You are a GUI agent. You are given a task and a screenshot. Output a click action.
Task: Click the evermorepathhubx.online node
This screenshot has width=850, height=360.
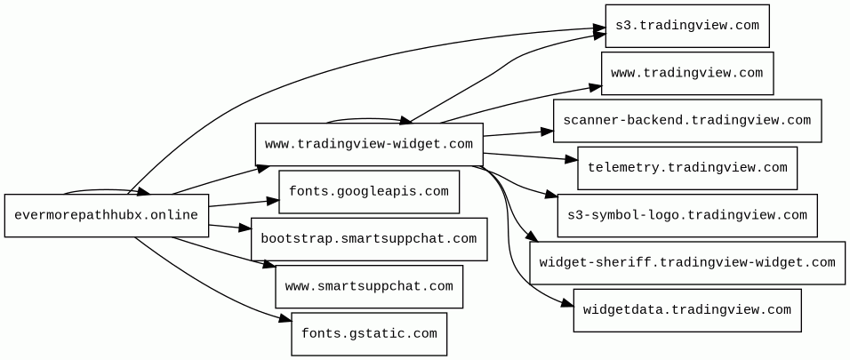tap(107, 215)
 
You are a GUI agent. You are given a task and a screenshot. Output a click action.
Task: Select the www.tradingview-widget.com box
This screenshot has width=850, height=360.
tap(369, 144)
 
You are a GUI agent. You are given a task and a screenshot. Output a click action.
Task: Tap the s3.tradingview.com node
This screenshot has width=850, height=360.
tap(687, 26)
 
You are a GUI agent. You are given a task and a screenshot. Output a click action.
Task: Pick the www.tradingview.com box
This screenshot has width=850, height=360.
tap(687, 73)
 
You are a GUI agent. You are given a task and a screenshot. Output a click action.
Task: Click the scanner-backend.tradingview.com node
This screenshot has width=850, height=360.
tap(687, 120)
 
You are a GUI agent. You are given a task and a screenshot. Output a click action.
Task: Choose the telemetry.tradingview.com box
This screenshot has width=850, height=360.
tap(687, 168)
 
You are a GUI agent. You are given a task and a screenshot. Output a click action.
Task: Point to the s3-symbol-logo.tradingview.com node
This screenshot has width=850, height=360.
tap(687, 215)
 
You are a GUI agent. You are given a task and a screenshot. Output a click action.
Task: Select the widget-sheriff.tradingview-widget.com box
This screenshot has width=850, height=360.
tap(687, 263)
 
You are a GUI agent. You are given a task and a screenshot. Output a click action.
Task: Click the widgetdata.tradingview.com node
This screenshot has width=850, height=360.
tap(687, 310)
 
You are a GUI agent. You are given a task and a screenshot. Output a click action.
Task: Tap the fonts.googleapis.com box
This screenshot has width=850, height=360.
tap(369, 192)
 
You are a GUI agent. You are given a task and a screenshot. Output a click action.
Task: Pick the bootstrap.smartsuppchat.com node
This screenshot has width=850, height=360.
tap(369, 239)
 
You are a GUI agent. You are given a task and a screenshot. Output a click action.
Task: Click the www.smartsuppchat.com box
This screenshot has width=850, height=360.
tap(369, 287)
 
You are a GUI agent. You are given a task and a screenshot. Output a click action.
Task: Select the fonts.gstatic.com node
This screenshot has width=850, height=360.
tap(369, 334)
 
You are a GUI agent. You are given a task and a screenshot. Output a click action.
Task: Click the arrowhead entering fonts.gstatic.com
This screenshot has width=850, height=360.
tap(285, 319)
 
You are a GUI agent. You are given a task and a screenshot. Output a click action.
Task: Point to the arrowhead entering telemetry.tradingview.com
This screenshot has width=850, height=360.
tap(571, 160)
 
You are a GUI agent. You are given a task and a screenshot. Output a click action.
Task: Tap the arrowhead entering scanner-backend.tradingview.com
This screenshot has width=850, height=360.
tap(547, 132)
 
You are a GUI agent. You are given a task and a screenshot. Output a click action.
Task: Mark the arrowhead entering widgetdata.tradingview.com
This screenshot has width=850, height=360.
tap(567, 304)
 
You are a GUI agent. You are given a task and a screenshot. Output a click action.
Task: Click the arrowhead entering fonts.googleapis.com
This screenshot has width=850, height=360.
tap(272, 201)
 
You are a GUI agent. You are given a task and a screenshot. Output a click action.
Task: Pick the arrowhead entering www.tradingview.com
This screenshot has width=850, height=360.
tap(595, 87)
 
